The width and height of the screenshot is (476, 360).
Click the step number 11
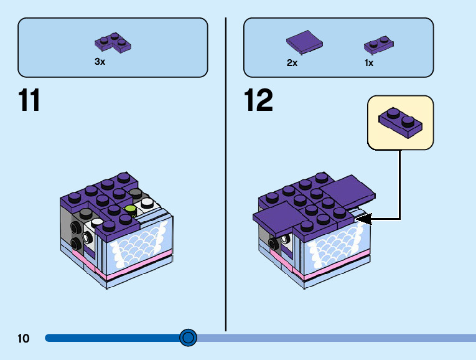[x=29, y=100]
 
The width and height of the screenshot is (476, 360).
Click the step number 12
[x=258, y=100]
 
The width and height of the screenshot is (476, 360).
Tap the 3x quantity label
[x=100, y=62]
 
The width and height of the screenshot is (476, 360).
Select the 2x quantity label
[x=292, y=63]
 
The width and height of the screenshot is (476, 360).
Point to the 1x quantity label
[x=369, y=63]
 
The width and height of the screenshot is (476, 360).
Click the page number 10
[x=24, y=338]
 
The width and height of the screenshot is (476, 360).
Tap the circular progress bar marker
[x=188, y=338]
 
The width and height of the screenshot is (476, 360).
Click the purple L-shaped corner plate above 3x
[x=113, y=43]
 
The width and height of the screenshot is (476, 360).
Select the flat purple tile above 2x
[x=304, y=42]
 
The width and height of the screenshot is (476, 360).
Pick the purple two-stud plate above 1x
[x=379, y=45]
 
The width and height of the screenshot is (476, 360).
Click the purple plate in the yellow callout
[x=400, y=123]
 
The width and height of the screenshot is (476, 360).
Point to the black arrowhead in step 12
[x=363, y=219]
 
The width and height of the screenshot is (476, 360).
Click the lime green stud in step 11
[x=131, y=210]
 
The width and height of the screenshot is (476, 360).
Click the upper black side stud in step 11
[x=75, y=227]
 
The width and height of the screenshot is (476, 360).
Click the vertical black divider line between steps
[x=226, y=174]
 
